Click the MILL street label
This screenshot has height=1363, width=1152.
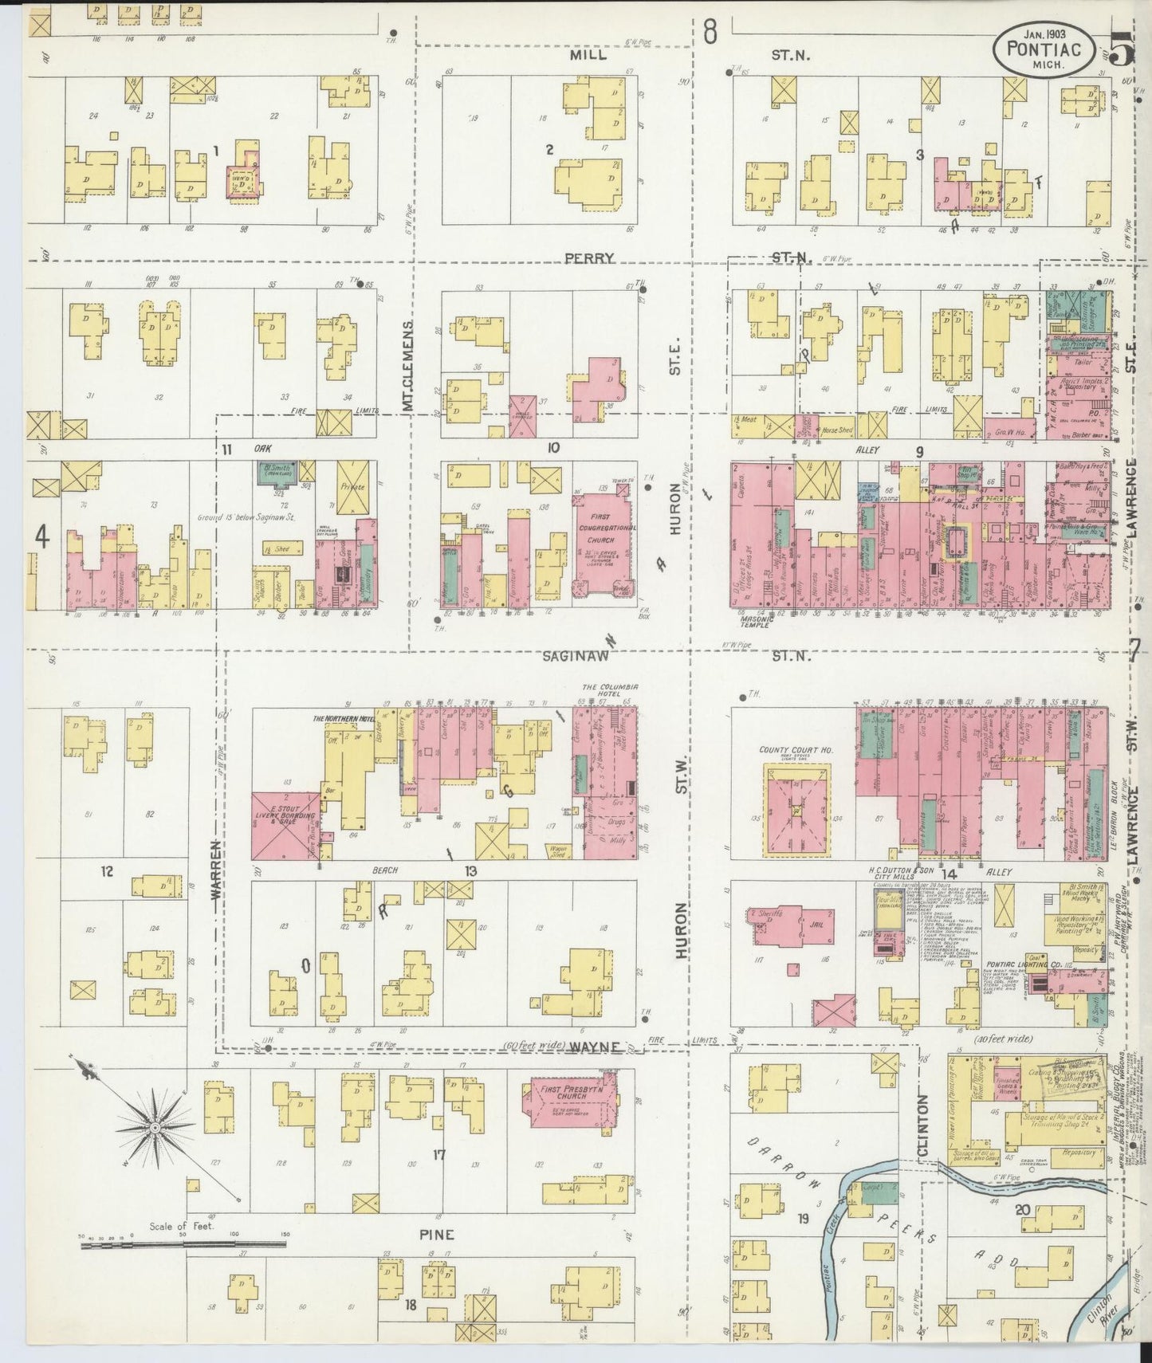point(588,56)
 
